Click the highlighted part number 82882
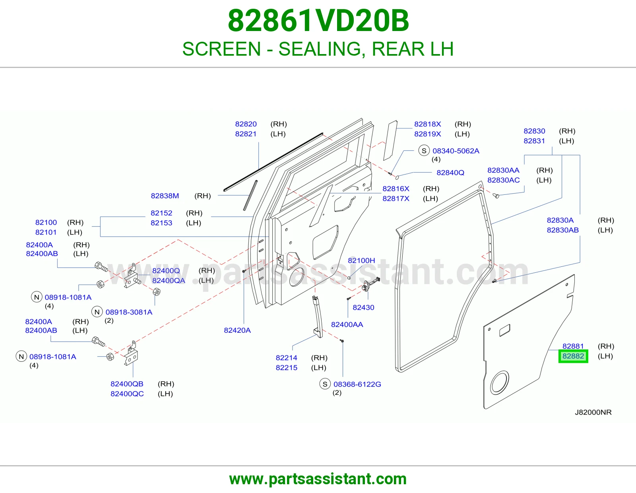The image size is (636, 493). pos(573,356)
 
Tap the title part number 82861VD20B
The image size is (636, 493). pos(318,21)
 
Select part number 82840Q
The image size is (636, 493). pos(450,173)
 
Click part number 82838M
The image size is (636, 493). pos(165,196)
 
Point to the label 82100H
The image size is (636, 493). pos(361,260)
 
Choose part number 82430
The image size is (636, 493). pos(363,307)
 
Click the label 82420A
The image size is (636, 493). pos(237,330)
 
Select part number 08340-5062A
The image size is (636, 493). pos(456,151)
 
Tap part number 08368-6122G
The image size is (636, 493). pos(357,384)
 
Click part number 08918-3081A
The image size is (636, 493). pos(129,312)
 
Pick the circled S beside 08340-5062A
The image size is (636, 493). pos(424,150)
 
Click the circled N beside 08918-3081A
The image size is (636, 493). pos(97,312)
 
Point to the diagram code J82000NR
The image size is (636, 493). pos(593,412)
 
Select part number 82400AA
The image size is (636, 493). pos(347,324)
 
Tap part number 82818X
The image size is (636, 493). pos(427,124)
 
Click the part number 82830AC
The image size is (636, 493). pos(503,180)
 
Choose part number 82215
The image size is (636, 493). pos(286,367)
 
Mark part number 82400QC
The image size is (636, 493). pos(127,394)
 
